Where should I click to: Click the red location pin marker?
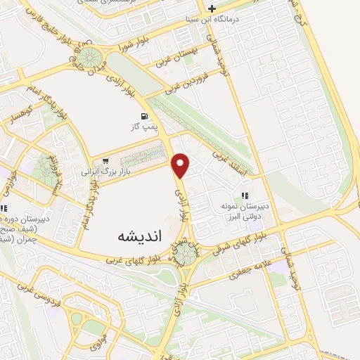181,165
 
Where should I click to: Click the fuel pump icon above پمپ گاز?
144,116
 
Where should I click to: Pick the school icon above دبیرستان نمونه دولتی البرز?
245,196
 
